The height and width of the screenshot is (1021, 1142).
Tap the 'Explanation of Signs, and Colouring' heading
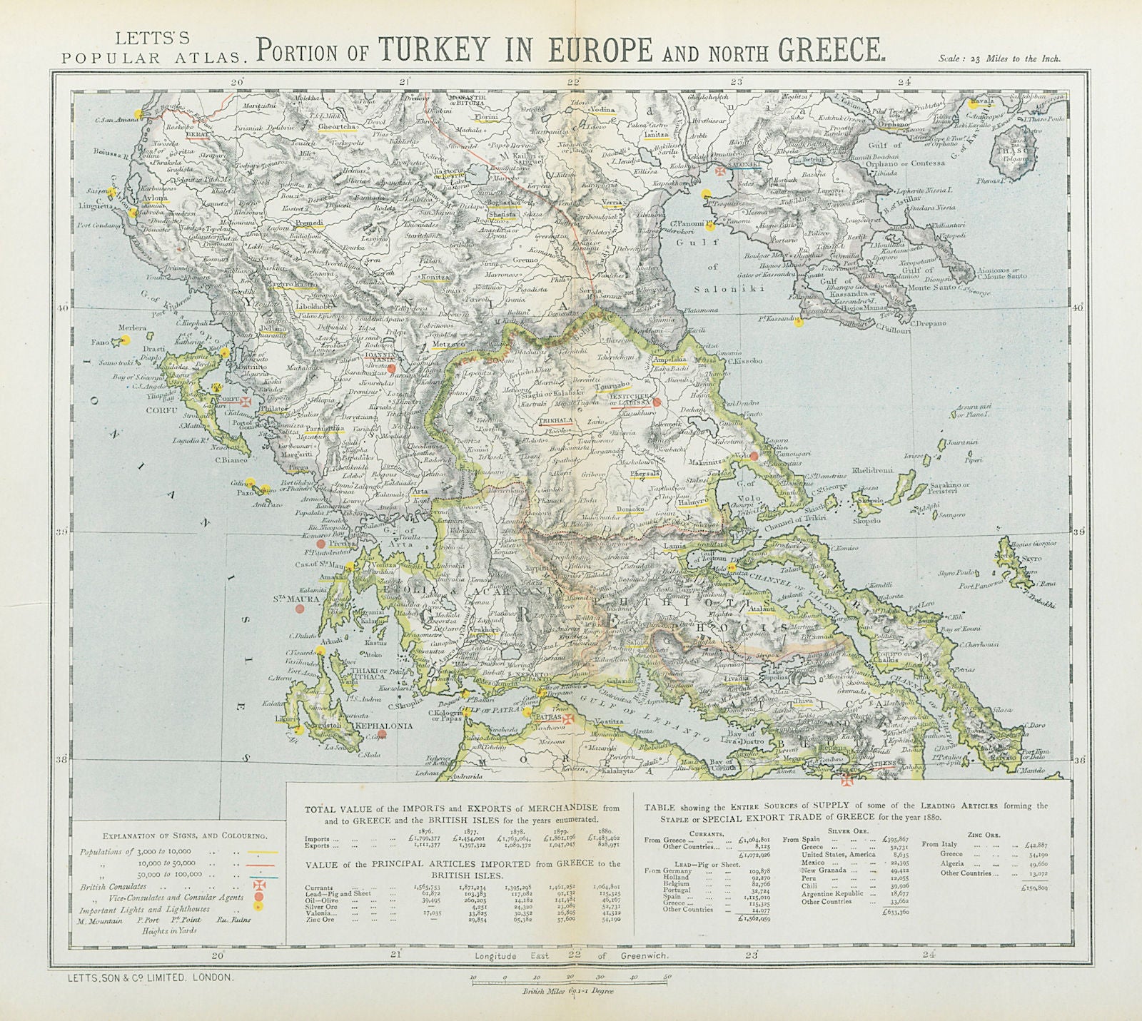tap(175, 835)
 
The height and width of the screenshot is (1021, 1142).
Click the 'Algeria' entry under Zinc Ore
tap(954, 863)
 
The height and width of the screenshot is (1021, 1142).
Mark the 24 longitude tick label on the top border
tap(904, 81)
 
